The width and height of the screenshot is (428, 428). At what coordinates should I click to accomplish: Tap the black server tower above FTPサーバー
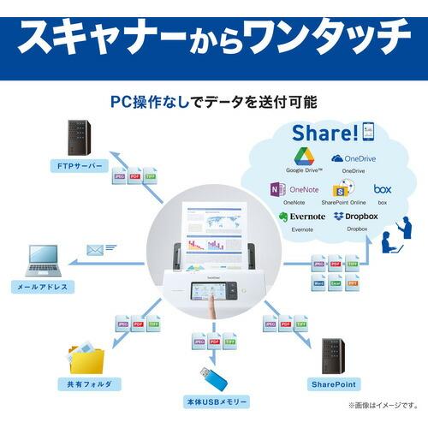coord(79,137)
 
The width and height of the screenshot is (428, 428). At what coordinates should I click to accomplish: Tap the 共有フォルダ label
coord(83,384)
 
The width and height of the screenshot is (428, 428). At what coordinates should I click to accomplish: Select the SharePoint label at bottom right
coord(335,384)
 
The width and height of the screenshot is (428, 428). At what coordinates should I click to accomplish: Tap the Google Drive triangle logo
coord(305,156)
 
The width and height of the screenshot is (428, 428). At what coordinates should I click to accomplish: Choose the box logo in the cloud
coord(382,188)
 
